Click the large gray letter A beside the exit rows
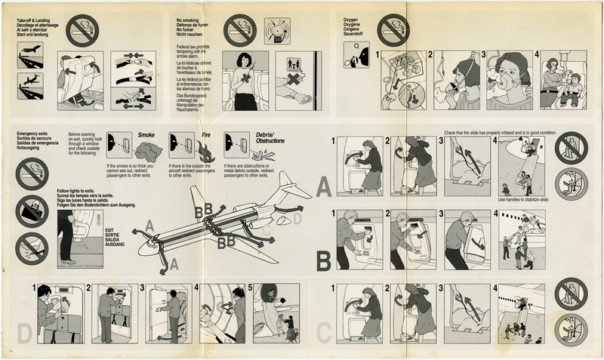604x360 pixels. pos(323,185)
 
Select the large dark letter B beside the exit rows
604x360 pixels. pos(323,260)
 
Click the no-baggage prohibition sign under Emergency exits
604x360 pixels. pos(31,211)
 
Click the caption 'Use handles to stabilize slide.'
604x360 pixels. pos(522,199)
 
